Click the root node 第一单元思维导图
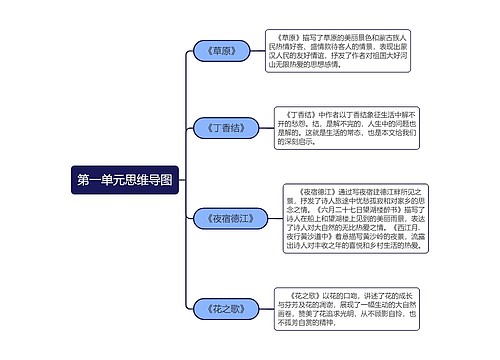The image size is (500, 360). (x=124, y=181)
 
